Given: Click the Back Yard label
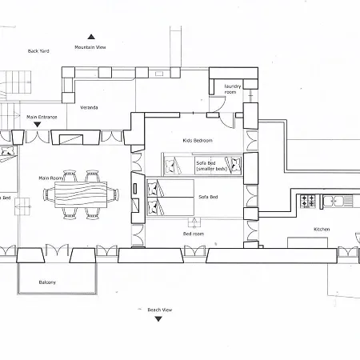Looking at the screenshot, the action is [38, 51].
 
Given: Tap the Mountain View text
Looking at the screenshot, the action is [90, 47].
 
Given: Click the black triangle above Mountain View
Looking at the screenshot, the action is [91, 37].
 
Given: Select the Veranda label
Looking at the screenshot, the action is [89, 107].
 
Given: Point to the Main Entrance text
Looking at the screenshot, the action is [42, 117].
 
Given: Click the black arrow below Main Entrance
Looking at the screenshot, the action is [38, 124].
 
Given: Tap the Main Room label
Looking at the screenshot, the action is [51, 178].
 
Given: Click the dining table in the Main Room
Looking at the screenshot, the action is [81, 194].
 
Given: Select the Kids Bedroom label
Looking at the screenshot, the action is [198, 140].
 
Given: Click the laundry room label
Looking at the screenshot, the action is [233, 89].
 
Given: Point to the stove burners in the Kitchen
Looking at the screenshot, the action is [308, 201].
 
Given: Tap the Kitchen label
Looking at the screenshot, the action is [322, 229].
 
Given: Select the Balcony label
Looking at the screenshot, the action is [47, 282].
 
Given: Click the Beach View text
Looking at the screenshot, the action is [160, 310].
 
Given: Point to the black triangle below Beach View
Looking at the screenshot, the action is [158, 319].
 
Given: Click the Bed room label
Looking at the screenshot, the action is [194, 234].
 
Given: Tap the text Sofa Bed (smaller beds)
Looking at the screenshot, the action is [211, 166].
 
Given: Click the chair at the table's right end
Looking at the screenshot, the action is [113, 194].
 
